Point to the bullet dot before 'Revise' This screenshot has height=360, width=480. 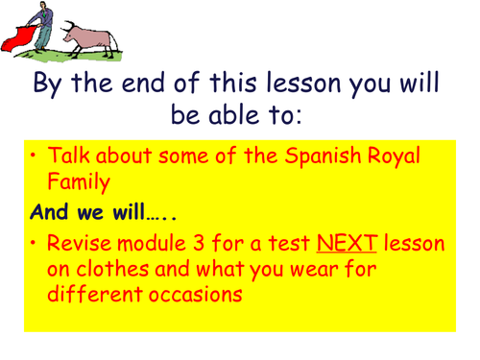36,245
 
